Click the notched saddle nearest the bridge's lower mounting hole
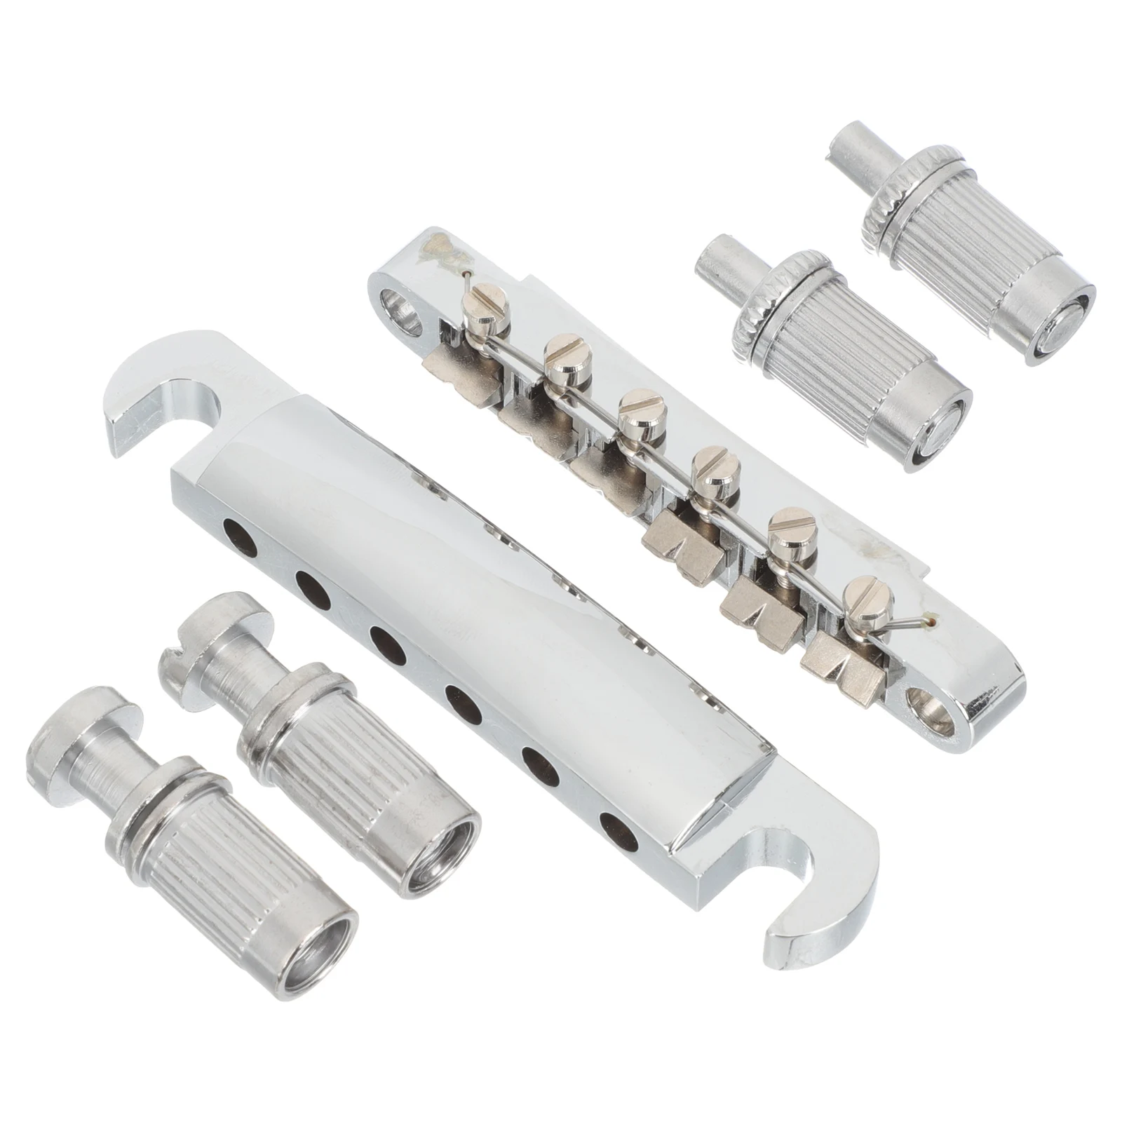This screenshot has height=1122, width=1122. pos(837,659)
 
